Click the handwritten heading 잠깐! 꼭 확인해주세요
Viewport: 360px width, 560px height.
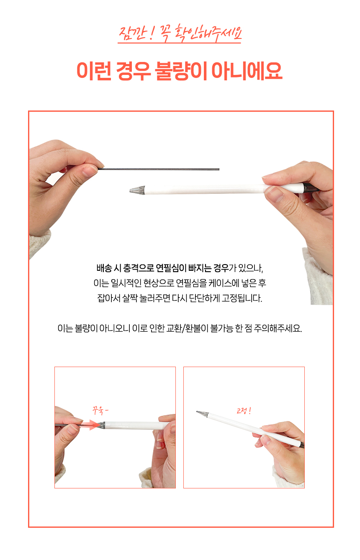(x=180, y=33)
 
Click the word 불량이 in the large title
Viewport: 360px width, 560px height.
(x=181, y=71)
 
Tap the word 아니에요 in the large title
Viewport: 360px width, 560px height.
(x=247, y=71)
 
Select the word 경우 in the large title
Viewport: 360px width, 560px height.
(x=133, y=71)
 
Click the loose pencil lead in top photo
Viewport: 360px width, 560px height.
(x=159, y=169)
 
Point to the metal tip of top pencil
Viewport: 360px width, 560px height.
(x=137, y=190)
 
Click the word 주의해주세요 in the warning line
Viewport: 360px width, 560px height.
(x=278, y=328)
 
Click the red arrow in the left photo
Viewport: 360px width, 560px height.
(x=88, y=425)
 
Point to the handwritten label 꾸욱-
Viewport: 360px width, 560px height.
(x=100, y=411)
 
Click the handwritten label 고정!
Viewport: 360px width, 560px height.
(x=244, y=411)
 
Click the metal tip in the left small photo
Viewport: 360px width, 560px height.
(x=101, y=425)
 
